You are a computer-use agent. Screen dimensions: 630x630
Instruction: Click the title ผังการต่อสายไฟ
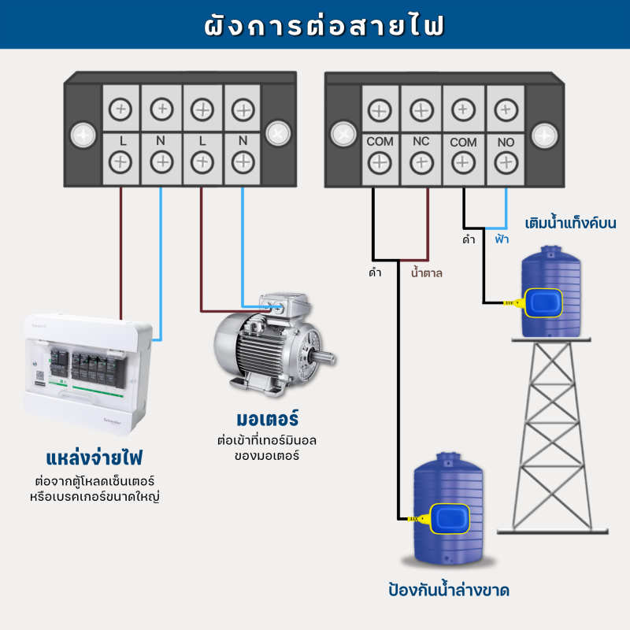(315, 25)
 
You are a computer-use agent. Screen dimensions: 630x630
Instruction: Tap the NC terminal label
(421, 143)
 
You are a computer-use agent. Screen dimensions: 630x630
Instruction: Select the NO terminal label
(505, 143)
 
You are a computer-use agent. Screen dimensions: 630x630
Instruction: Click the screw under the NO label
(505, 162)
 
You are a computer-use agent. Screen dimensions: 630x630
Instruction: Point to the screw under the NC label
(421, 162)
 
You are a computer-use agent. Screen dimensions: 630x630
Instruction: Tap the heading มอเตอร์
(267, 417)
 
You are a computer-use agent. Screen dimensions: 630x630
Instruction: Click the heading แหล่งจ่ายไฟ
(98, 458)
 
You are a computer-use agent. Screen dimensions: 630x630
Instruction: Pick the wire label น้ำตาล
(427, 274)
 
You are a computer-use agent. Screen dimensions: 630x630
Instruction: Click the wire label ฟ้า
(502, 239)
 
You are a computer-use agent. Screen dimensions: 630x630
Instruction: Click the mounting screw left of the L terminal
(82, 134)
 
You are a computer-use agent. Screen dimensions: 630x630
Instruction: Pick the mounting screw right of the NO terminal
(545, 134)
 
